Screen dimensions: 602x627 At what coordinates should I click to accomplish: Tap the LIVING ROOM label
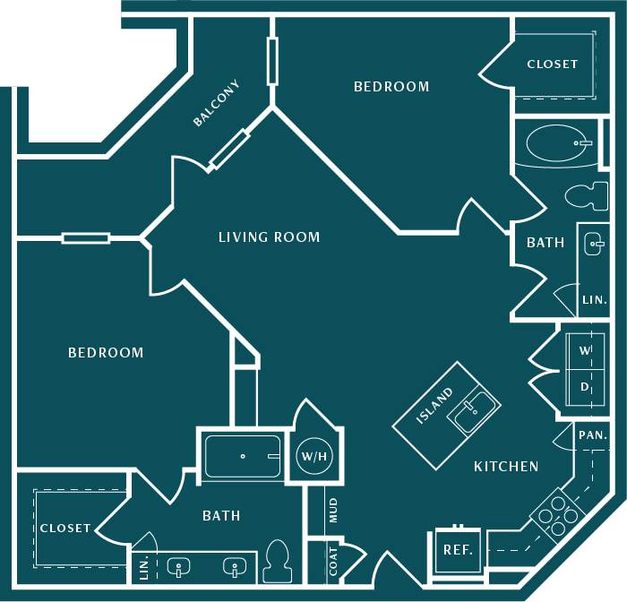pos(269,237)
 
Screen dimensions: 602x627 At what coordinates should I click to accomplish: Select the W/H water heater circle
pos(314,457)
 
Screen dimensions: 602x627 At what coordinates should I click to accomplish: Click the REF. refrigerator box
pos(458,550)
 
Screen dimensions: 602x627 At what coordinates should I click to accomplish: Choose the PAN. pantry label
pos(593,435)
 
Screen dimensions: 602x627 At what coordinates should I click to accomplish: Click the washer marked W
pos(585,350)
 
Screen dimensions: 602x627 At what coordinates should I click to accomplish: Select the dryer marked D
pos(585,387)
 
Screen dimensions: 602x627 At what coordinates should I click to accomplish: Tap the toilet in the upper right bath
pos(588,194)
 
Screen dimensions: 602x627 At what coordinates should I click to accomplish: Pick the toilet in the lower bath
pos(278,560)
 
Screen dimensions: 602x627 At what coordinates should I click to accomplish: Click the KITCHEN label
pos(506,467)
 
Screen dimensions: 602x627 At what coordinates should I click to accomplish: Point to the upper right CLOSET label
pos(552,64)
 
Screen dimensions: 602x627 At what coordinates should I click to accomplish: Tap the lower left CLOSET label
pos(65,529)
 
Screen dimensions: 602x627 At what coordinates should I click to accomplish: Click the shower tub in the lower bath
pos(243,456)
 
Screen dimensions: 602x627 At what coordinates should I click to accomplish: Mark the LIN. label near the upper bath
pos(594,300)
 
